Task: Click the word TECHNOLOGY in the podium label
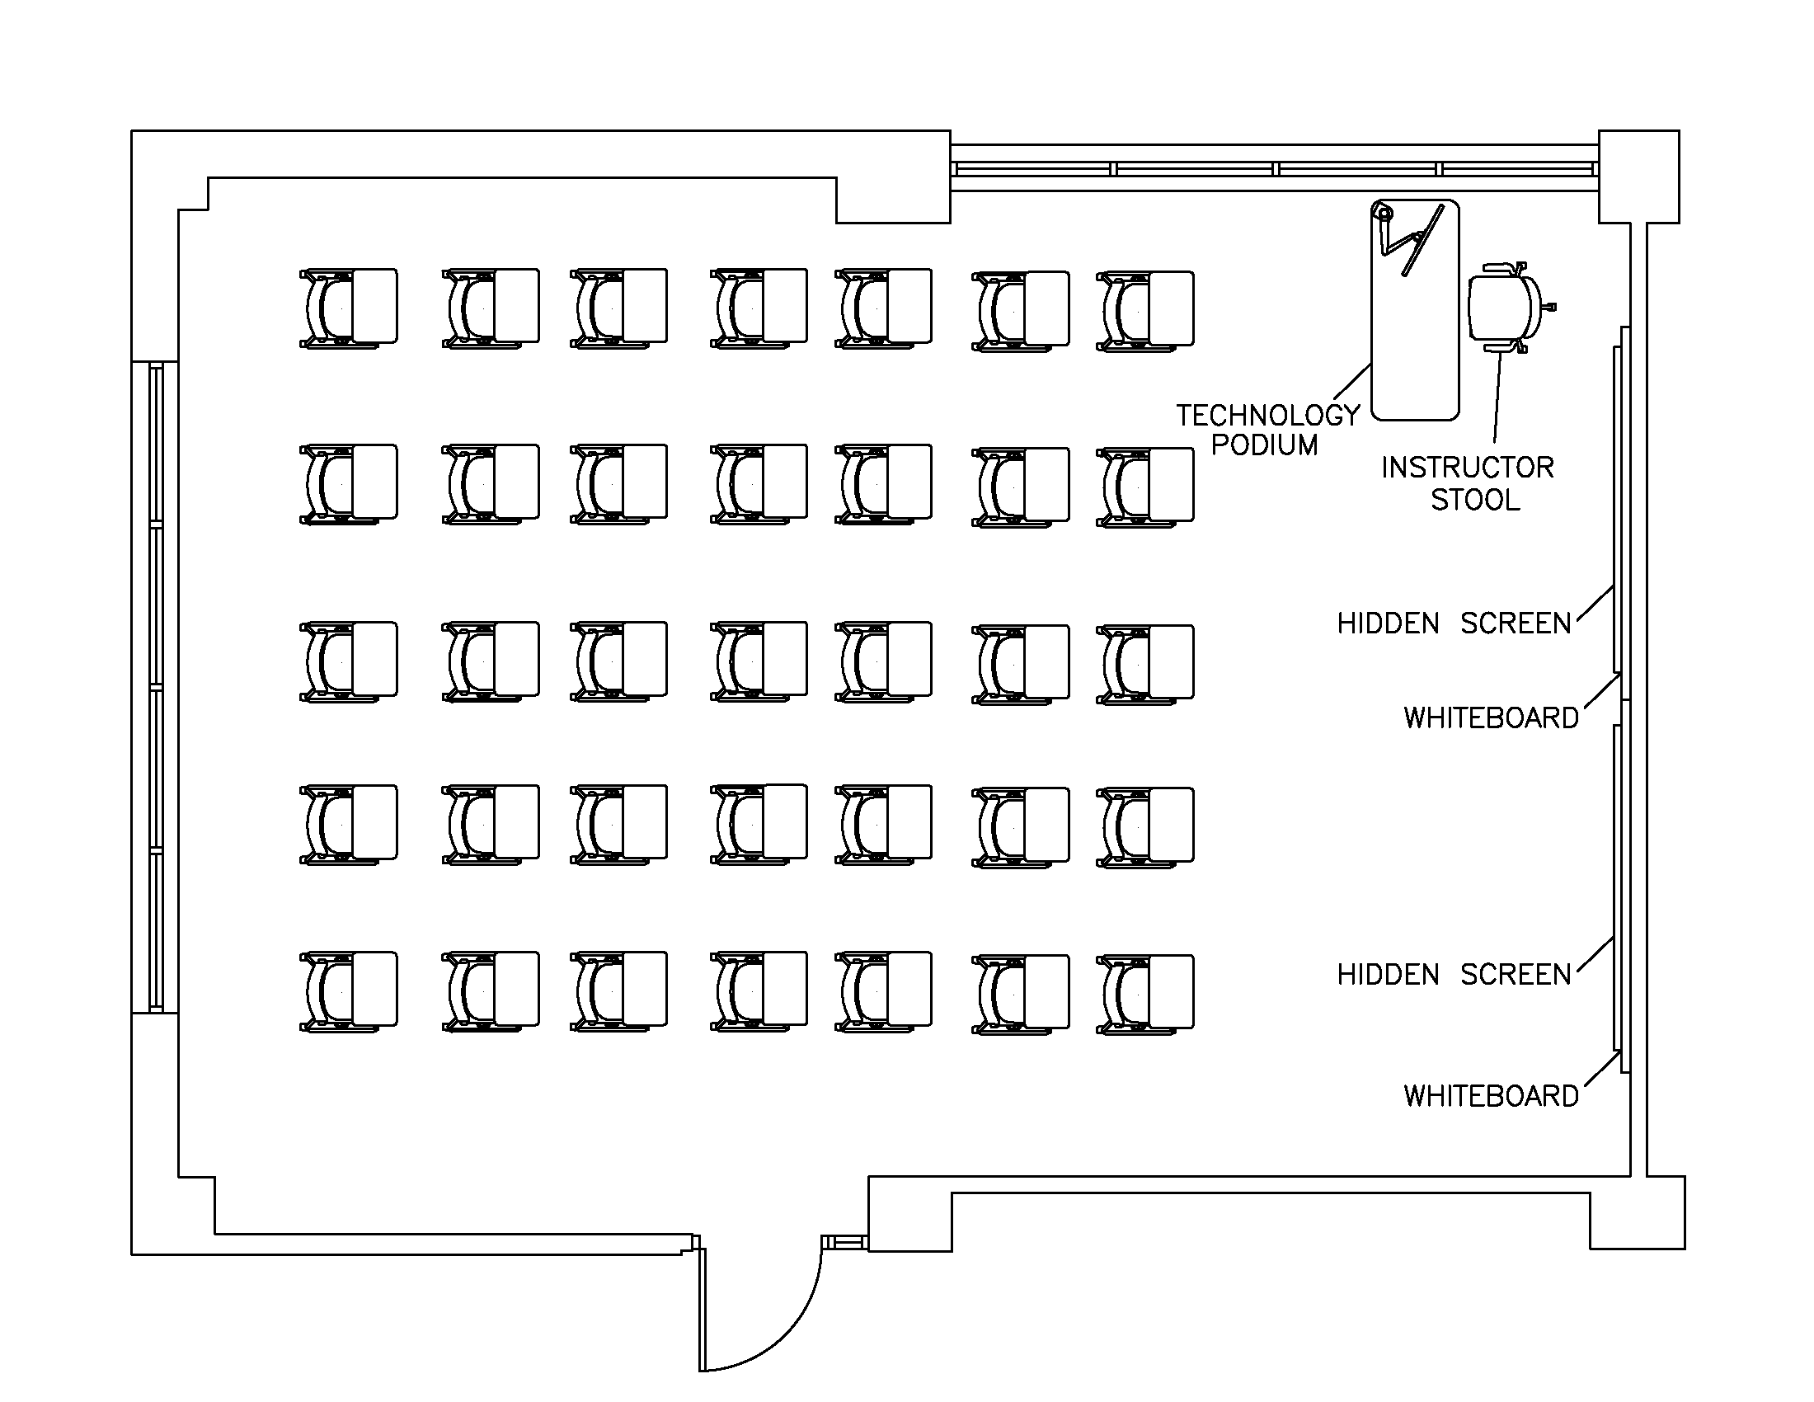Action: (1268, 416)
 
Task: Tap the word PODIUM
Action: (1264, 445)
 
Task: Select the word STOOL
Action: (1475, 500)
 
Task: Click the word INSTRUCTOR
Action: (1468, 468)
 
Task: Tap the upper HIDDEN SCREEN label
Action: (1454, 623)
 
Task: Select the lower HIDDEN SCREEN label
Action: (1454, 974)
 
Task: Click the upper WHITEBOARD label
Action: (1491, 717)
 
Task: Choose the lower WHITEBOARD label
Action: (1491, 1096)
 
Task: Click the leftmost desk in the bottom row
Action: (349, 991)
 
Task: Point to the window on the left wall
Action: (155, 687)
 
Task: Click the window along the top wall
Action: (1275, 168)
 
